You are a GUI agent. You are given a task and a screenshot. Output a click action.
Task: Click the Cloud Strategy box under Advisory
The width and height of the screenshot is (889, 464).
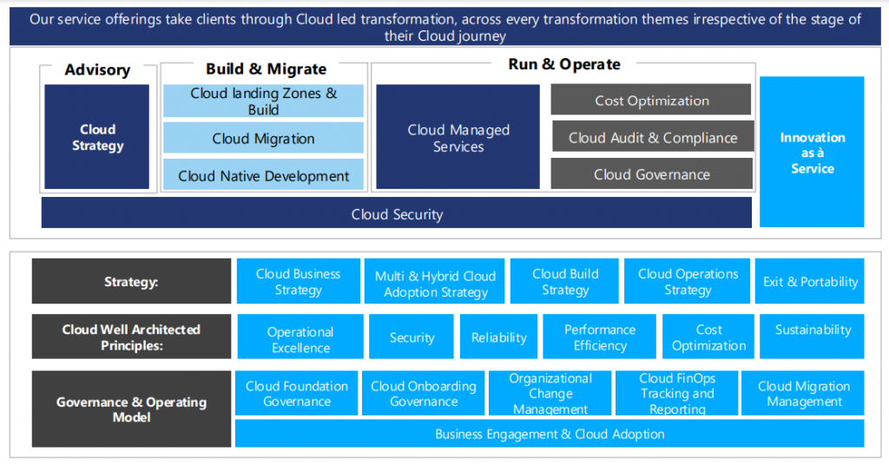click(x=97, y=137)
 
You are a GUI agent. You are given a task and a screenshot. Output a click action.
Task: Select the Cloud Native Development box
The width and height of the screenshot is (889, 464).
click(x=263, y=175)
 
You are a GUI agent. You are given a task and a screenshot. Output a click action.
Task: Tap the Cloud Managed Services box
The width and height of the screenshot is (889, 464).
click(x=458, y=137)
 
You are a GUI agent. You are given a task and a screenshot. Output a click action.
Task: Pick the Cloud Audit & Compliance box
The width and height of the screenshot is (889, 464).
click(x=652, y=137)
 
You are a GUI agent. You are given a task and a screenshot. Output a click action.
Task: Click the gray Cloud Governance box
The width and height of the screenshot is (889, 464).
click(x=652, y=174)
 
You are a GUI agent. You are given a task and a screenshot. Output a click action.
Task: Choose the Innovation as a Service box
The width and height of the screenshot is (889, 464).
click(x=812, y=152)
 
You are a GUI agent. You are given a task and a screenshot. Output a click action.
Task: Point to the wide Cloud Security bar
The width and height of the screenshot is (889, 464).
click(x=396, y=213)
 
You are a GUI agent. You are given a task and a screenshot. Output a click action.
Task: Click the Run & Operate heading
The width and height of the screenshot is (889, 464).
click(x=564, y=64)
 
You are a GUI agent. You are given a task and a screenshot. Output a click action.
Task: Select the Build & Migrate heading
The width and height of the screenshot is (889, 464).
click(x=266, y=69)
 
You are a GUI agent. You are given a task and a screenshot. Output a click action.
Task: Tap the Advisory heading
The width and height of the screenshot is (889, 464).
click(x=97, y=69)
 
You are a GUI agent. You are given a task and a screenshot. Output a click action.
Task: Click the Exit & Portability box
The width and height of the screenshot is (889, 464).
click(x=810, y=281)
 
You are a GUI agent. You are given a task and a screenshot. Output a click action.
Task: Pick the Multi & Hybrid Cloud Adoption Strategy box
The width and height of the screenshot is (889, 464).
click(x=435, y=283)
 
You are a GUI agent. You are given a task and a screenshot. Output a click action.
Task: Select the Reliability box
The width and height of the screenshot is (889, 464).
click(x=498, y=337)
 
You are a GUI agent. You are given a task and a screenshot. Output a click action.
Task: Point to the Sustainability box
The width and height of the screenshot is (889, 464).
click(x=813, y=330)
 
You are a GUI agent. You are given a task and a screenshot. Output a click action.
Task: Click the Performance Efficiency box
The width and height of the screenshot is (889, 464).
click(x=599, y=337)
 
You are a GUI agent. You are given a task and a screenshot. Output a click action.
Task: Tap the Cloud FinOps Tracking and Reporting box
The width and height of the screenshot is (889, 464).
click(x=677, y=393)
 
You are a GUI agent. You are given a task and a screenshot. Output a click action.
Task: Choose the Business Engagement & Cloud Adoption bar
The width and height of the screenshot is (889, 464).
click(x=550, y=434)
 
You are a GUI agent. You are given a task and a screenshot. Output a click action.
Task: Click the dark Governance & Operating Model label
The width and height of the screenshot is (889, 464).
click(x=131, y=408)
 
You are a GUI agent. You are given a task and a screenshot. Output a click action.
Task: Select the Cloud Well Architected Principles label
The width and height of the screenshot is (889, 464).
click(x=131, y=337)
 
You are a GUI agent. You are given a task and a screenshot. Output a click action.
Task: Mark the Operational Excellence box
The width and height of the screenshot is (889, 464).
click(x=300, y=338)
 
